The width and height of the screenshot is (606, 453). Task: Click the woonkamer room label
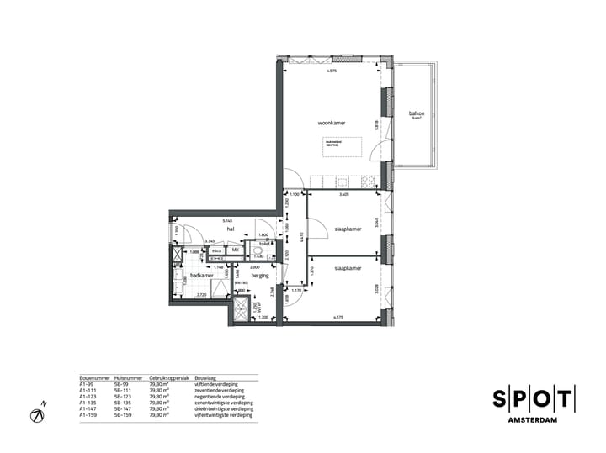pos(332,124)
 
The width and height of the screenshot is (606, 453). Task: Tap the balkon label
pos(416,114)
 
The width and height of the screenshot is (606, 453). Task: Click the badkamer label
pos(200,275)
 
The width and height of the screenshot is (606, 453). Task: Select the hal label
pos(229,228)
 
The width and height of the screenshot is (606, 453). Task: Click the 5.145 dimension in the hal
pos(228,222)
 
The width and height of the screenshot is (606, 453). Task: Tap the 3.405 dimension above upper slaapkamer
pos(343,196)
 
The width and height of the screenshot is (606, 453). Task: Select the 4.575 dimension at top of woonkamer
pos(333,71)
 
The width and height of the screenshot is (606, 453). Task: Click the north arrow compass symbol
pos(38,414)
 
